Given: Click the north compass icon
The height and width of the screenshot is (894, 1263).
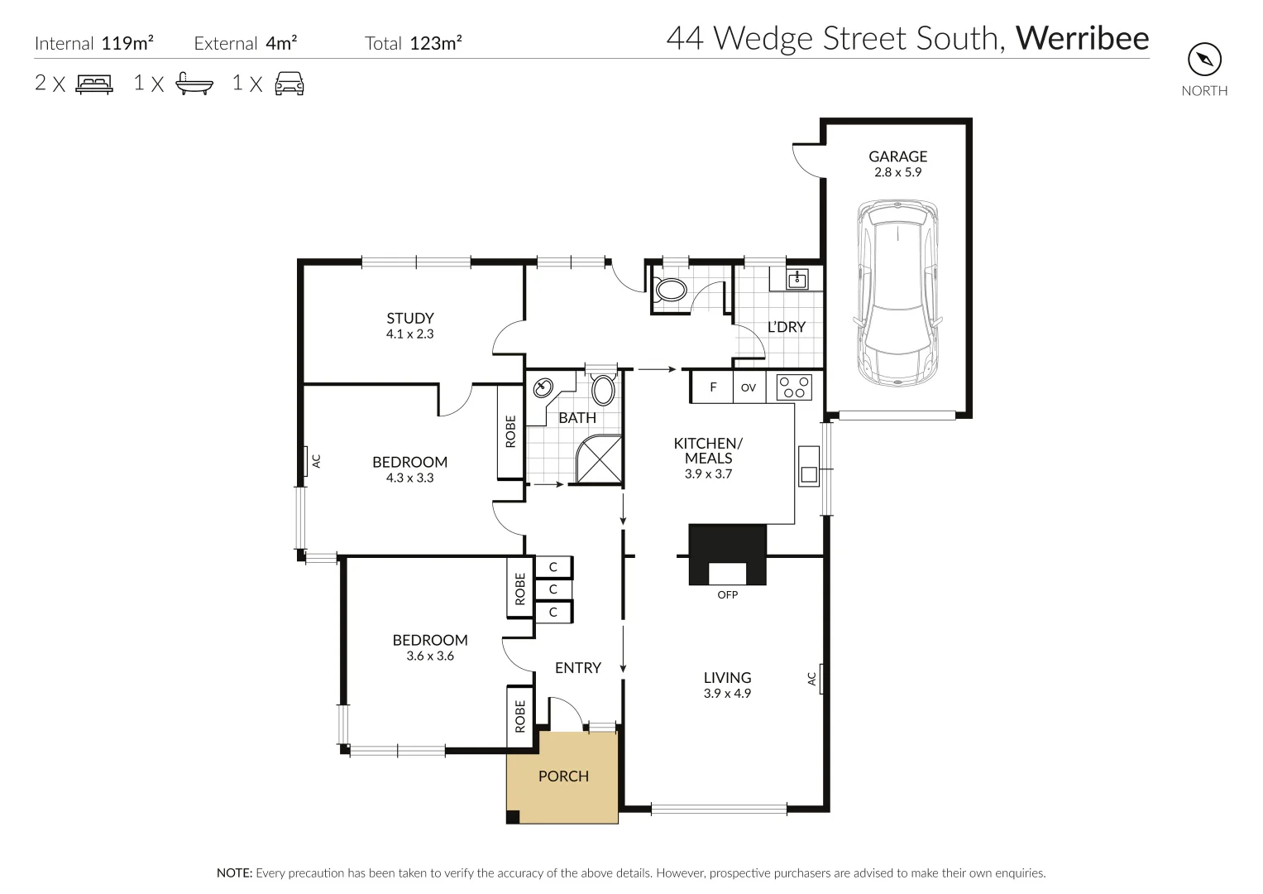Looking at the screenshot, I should click(x=1204, y=60).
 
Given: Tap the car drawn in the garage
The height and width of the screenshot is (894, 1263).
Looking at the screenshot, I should click(x=897, y=293).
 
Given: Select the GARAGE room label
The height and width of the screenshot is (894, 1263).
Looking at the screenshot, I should click(x=897, y=156).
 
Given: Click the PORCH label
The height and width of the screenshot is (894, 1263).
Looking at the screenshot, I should click(x=563, y=776).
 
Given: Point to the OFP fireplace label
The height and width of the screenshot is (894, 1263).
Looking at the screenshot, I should click(x=728, y=594).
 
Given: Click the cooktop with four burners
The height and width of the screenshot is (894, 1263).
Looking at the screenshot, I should click(x=794, y=387).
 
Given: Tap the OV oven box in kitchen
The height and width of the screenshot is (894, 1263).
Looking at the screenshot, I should click(x=749, y=387).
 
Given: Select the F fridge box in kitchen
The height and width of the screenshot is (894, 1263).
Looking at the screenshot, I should click(x=713, y=387).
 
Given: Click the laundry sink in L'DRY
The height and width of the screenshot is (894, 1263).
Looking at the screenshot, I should click(x=797, y=279).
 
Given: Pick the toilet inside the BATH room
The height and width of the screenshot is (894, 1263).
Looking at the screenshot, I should click(x=603, y=388).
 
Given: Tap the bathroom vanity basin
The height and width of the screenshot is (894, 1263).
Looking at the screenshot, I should click(x=544, y=387).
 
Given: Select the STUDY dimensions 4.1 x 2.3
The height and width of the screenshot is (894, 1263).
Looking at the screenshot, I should click(x=409, y=334).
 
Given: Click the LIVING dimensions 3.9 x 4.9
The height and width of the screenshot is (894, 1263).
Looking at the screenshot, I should click(x=727, y=694).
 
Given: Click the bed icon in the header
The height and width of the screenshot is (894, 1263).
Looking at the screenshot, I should click(x=94, y=84).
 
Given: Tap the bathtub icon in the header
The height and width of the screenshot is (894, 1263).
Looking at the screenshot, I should click(x=194, y=84).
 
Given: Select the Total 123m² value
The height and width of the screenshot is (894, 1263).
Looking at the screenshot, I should click(x=436, y=44).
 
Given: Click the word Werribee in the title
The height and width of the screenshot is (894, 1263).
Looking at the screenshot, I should click(x=1082, y=39).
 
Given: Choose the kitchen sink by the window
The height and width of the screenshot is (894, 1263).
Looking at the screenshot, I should click(x=808, y=466).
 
